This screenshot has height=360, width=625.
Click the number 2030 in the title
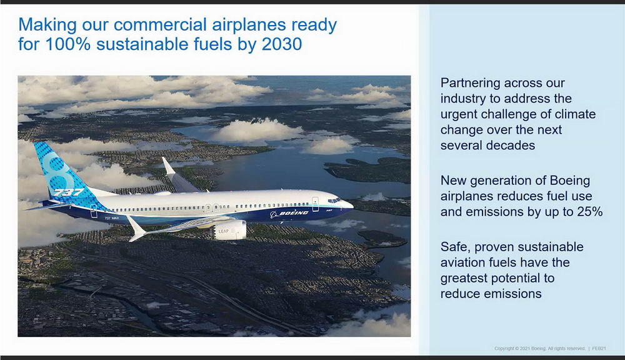[x=282, y=44]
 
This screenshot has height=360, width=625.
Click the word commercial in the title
[x=160, y=25]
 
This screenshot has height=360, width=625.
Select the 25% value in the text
[x=590, y=212]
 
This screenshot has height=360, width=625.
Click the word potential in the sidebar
[x=531, y=278]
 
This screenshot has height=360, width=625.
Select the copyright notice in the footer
[x=540, y=349]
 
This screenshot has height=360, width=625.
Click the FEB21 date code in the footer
[x=599, y=349]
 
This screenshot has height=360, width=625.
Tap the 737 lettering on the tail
[x=68, y=192]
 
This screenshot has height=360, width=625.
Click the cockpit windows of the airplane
[x=334, y=200]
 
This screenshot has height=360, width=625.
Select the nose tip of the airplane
[x=352, y=205]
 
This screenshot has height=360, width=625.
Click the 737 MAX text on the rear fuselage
[x=112, y=218]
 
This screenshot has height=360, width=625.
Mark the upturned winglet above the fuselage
[x=169, y=166]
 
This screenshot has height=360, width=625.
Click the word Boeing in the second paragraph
[x=569, y=181]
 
